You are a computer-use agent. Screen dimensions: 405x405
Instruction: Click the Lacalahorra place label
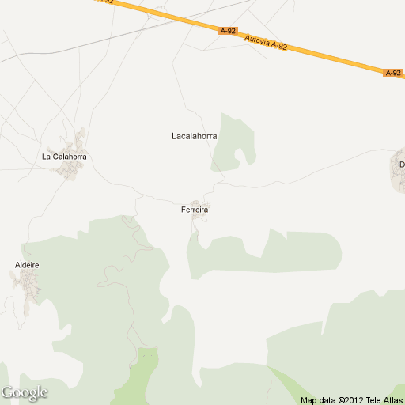coord(194,136)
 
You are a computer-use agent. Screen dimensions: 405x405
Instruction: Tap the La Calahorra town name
coord(64,157)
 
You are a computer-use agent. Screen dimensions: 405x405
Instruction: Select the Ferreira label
coord(194,210)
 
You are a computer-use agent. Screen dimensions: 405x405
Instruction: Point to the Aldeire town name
coord(27,265)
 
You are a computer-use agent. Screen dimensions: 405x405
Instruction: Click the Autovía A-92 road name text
coord(266,42)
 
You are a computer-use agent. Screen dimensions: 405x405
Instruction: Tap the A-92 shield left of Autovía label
coord(228,31)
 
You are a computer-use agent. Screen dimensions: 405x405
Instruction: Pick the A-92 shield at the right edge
coord(393,73)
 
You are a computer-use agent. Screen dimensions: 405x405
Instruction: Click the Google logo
coord(25,392)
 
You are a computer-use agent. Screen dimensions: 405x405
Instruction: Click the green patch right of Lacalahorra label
coord(234,142)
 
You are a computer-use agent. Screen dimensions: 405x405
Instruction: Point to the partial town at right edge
coord(398,170)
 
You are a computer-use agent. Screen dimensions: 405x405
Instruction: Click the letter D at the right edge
coord(401,165)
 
